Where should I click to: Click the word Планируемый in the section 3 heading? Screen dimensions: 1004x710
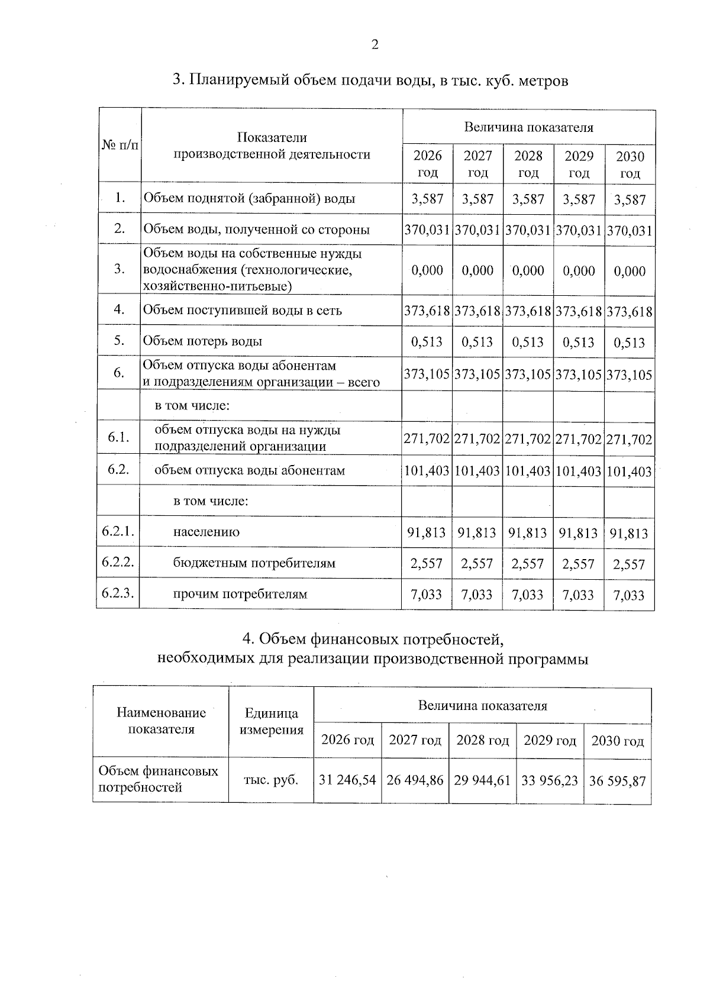point(238,80)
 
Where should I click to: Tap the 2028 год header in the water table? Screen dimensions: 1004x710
point(528,164)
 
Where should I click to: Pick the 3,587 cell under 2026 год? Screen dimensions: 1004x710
point(428,199)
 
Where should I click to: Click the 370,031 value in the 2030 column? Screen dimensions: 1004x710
point(630,231)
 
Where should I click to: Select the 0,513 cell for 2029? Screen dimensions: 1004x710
point(579,342)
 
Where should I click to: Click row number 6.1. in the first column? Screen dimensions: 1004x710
point(119,438)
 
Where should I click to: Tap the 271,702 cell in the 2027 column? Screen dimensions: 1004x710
point(478,440)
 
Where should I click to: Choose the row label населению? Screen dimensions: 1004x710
point(206,532)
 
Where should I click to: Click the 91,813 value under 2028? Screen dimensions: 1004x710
point(528,533)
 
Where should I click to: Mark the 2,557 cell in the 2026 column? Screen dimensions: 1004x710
point(427,564)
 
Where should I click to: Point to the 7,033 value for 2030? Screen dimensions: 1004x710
point(630,595)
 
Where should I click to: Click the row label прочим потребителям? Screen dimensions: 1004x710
point(240,594)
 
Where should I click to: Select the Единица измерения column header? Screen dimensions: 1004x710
point(271,722)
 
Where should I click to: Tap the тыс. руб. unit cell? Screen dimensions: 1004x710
point(271,780)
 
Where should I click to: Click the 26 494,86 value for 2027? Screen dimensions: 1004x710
point(415,780)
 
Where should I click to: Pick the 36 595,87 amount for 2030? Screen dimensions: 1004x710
point(617,781)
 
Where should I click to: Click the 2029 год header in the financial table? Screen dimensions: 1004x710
point(550,741)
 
